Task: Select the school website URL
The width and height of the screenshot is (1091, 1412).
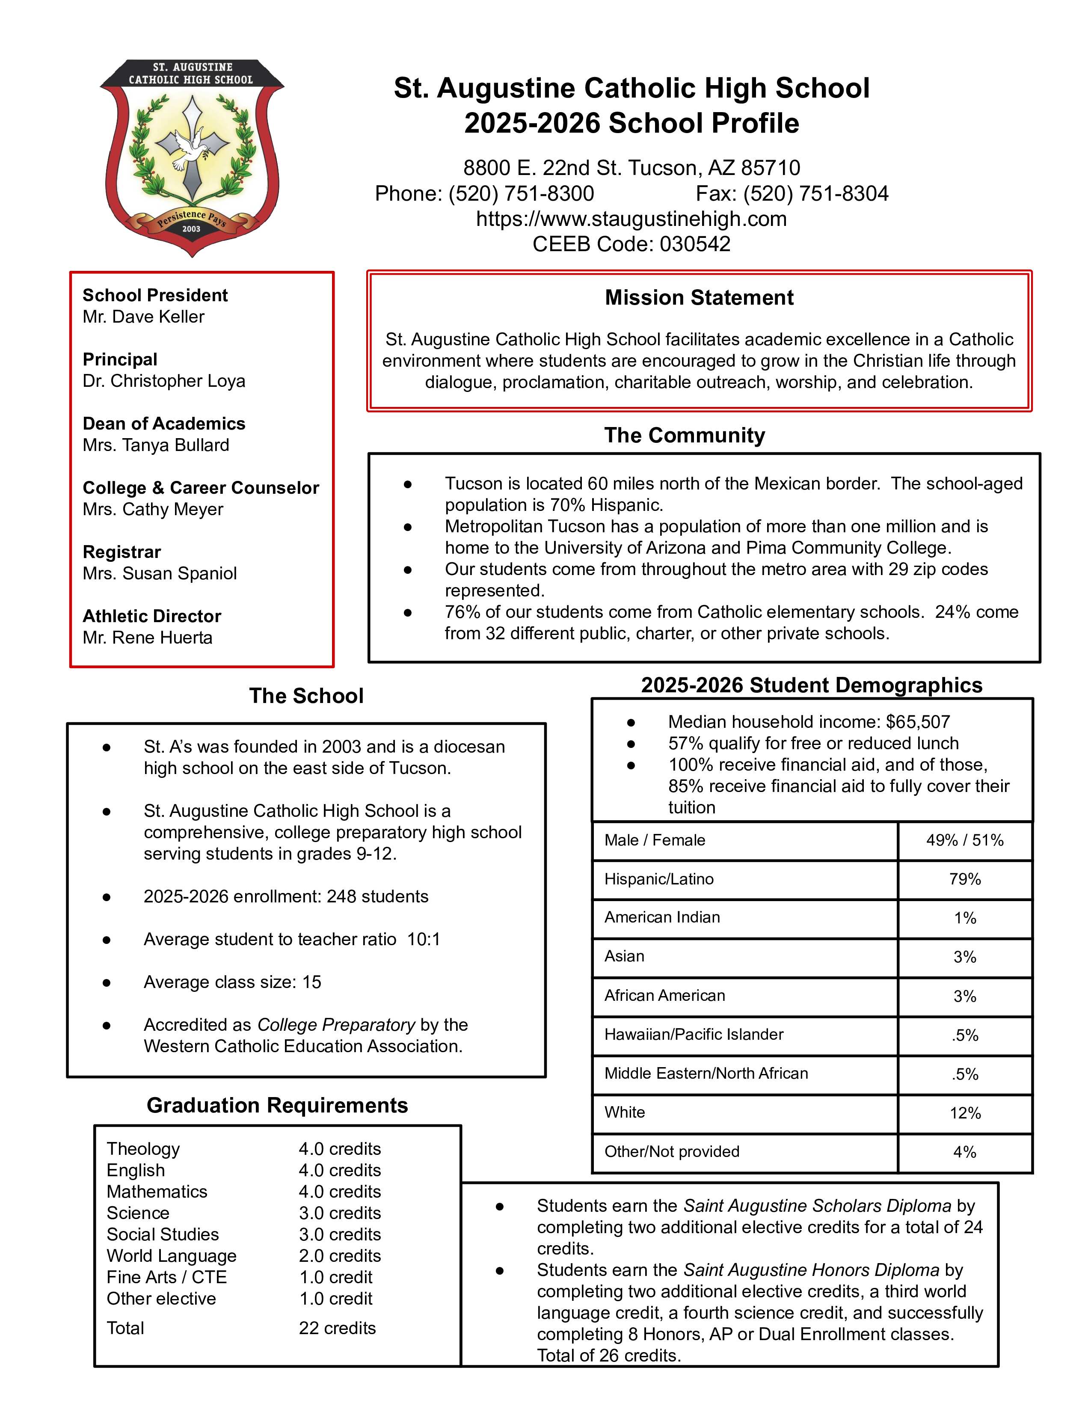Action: click(x=631, y=219)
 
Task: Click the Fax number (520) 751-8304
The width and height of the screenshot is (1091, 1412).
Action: click(x=815, y=194)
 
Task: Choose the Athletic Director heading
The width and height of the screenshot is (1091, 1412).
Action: click(x=152, y=616)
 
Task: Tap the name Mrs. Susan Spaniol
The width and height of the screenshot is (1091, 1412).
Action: click(x=160, y=573)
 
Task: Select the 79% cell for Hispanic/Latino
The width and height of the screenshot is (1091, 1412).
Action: click(x=964, y=879)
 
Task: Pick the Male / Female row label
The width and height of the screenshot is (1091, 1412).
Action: click(x=655, y=840)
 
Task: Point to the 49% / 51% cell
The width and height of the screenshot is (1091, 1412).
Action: click(x=964, y=840)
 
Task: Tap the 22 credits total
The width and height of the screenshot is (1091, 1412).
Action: click(x=337, y=1328)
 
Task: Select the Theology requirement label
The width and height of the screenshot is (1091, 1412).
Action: click(x=143, y=1149)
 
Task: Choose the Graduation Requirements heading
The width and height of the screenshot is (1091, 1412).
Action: click(x=277, y=1106)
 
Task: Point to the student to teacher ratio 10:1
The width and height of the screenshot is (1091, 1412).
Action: click(x=423, y=939)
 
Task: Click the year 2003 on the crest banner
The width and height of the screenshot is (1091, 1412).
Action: click(x=191, y=229)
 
